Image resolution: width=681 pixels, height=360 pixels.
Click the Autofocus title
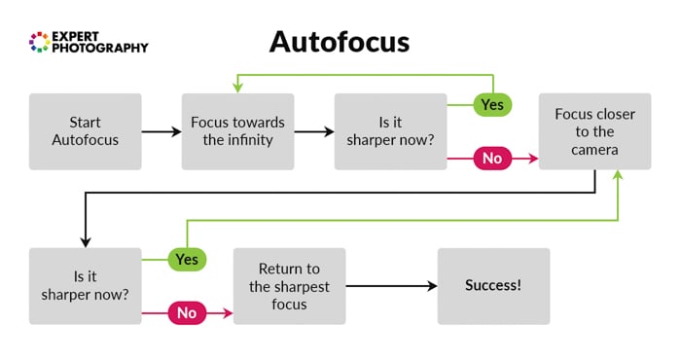[x=340, y=42]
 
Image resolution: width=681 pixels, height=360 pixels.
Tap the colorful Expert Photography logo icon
[x=39, y=41]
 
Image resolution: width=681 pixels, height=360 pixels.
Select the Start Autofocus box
[x=86, y=131]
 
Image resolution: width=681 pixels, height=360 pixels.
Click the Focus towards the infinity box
[x=237, y=131]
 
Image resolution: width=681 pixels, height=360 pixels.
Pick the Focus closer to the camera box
[x=594, y=131]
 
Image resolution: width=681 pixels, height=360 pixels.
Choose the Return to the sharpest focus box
[x=289, y=286]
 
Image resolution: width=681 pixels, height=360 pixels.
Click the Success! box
[x=493, y=286]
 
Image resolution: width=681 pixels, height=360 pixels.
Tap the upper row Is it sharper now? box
[x=390, y=131]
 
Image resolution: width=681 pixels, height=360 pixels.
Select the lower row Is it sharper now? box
[x=86, y=286]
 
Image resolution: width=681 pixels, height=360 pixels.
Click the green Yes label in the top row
[x=492, y=103]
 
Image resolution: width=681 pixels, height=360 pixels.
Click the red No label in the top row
[x=492, y=158]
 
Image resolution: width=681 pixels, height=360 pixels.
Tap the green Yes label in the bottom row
[x=187, y=259]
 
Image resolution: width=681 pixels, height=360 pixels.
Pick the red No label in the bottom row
[x=187, y=313]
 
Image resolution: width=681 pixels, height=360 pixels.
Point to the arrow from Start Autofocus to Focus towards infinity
[x=161, y=131]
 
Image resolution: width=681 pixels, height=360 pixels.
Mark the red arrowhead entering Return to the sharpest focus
[x=228, y=313]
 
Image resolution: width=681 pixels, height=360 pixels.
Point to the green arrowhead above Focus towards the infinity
[x=237, y=88]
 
